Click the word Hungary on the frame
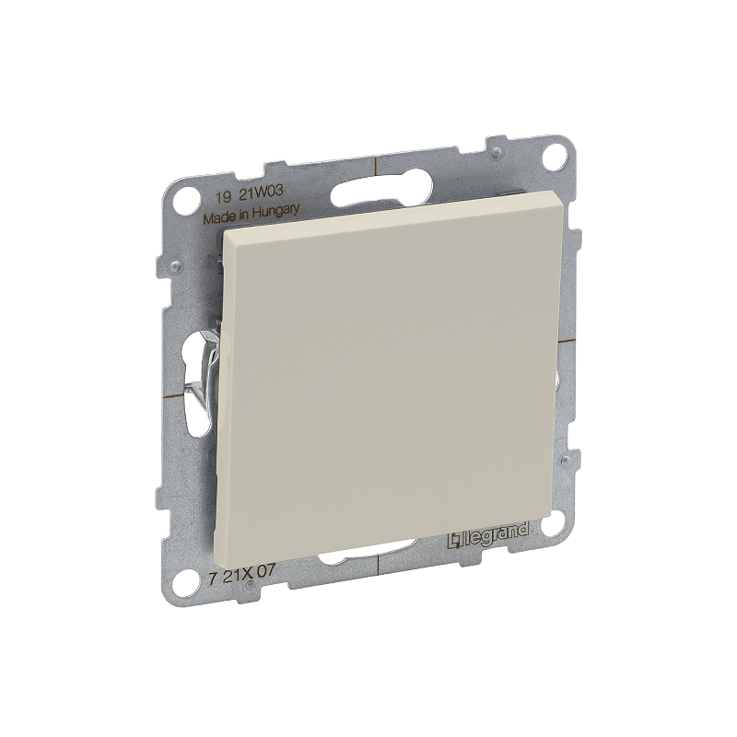[275, 212]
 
